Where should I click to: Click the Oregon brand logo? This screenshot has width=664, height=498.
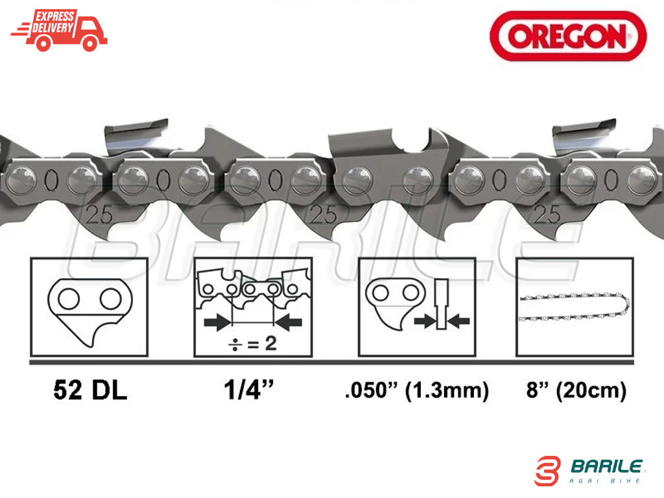point(568,36)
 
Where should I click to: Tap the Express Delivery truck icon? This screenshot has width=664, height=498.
point(59,31)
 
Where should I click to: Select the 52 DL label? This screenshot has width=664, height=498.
point(90,390)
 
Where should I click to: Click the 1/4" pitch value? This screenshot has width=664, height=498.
point(249,389)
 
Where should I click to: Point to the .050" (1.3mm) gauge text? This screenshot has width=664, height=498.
point(417,390)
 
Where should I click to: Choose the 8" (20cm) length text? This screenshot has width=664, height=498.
point(576,390)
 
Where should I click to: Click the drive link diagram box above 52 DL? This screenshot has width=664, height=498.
point(89,307)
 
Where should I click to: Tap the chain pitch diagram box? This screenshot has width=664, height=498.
point(253,307)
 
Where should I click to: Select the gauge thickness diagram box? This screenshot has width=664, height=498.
point(417,307)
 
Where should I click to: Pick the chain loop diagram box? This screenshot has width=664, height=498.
point(575,307)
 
